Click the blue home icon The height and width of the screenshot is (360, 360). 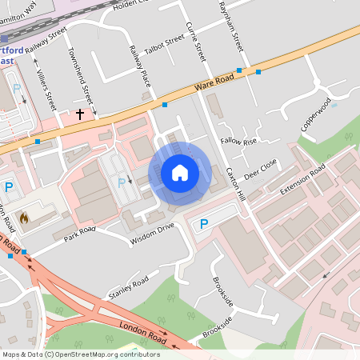(180, 172)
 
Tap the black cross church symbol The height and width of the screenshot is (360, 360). (79, 114)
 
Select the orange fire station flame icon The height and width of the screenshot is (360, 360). (23, 217)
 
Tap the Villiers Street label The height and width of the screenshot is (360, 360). (46, 89)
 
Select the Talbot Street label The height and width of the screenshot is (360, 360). (165, 46)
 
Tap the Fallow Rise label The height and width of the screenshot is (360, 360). (239, 142)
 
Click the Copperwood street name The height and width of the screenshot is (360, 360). (315, 116)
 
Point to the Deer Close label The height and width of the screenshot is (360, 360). (261, 169)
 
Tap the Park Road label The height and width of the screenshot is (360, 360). (80, 233)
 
